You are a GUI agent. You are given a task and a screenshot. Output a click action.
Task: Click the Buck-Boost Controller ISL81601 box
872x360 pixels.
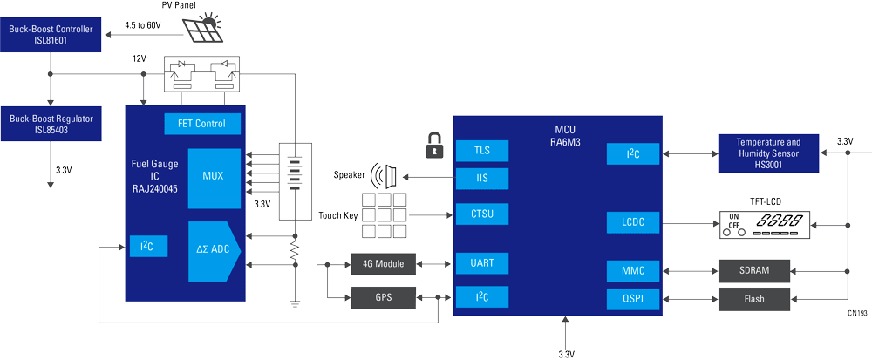tap(51, 36)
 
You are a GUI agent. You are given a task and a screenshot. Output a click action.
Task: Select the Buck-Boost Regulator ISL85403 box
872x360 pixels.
tap(51, 123)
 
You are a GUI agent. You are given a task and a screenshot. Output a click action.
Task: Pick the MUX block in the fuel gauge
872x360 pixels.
tap(211, 177)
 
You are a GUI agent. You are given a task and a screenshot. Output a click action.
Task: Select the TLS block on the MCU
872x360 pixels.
tap(481, 151)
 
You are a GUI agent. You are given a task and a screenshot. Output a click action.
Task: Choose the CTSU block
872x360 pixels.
tap(481, 214)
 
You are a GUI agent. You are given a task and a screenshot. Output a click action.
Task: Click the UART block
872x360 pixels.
tap(481, 262)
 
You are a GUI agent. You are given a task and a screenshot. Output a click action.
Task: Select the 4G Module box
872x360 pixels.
tap(384, 262)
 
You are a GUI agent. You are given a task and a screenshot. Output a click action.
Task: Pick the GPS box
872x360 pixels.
tap(384, 297)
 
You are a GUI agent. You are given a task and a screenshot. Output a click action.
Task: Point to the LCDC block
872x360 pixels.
tap(633, 222)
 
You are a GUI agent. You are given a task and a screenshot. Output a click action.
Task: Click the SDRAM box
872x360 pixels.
tap(753, 270)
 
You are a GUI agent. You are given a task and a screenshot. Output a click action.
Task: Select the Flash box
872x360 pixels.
tap(753, 299)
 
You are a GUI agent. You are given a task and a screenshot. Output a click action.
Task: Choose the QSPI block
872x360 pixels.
tap(633, 299)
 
